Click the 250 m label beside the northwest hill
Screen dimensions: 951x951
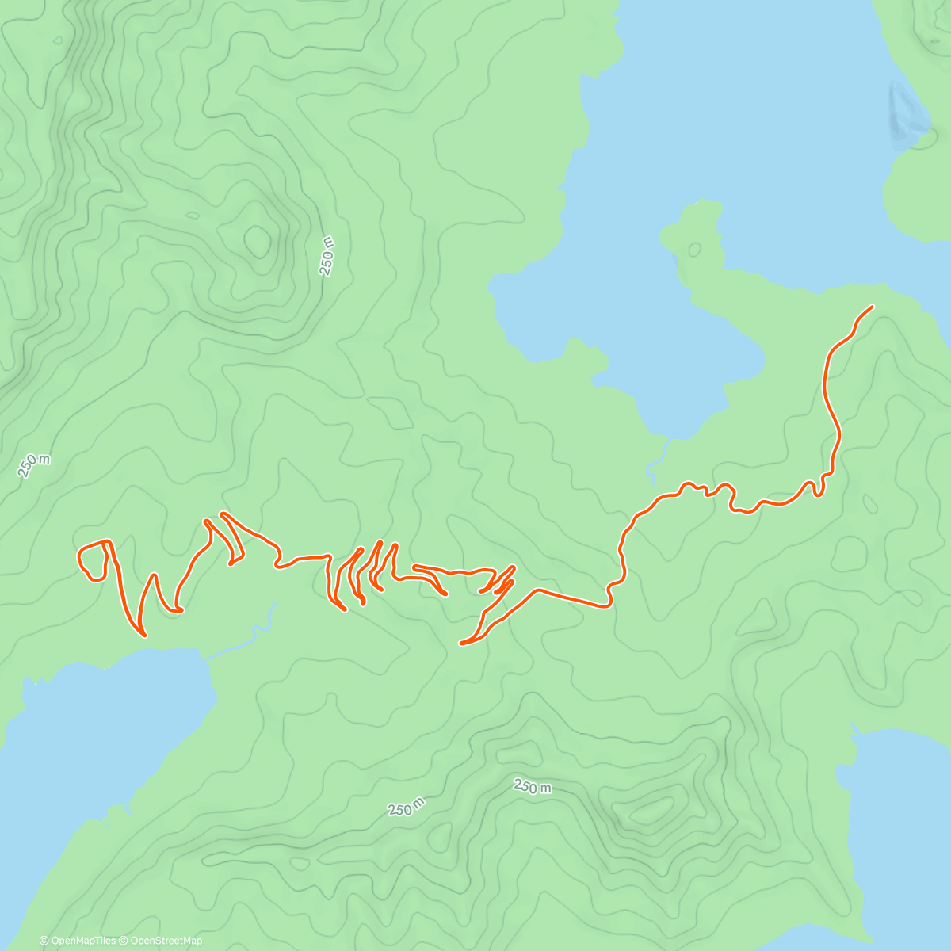point(327,255)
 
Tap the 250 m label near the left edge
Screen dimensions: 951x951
point(34,465)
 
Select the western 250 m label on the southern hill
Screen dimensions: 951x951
point(407,807)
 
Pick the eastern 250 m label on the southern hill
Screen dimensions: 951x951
point(532,786)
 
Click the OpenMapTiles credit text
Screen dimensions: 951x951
point(83,941)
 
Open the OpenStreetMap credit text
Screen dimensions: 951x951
point(166,941)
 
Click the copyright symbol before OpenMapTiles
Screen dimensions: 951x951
point(44,941)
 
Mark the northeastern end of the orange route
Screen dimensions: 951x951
point(872,307)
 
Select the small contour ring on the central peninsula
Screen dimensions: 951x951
point(694,249)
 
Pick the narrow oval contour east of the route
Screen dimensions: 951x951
point(869,504)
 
